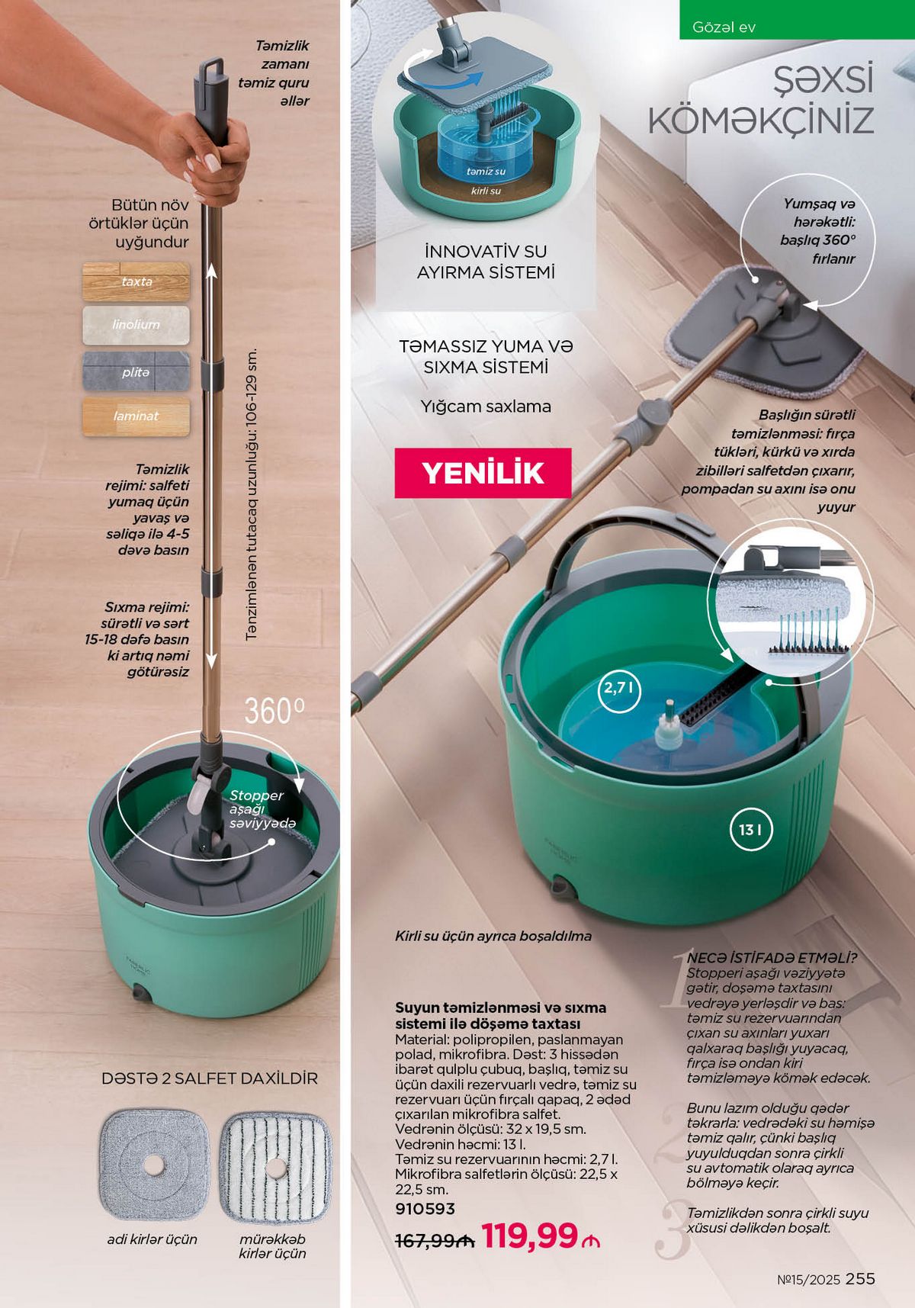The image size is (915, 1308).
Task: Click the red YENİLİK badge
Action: pyautogui.click(x=483, y=473)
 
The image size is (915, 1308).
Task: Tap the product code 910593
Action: pyautogui.click(x=425, y=1209)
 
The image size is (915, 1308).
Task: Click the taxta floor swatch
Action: pyautogui.click(x=136, y=281)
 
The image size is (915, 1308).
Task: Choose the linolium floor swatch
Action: pyautogui.click(x=136, y=326)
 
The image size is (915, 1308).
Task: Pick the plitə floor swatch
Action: pyautogui.click(x=136, y=371)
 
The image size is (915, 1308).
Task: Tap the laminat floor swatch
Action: pyautogui.click(x=136, y=416)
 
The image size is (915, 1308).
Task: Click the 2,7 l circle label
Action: pyautogui.click(x=618, y=689)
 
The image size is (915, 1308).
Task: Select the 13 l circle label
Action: pyautogui.click(x=750, y=829)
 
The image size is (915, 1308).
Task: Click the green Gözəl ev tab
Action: pyautogui.click(x=797, y=20)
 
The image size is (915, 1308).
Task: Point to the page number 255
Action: pyautogui.click(x=860, y=1279)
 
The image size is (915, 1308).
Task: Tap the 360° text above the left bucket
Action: pyautogui.click(x=274, y=712)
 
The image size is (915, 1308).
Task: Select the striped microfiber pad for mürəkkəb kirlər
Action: pyautogui.click(x=275, y=1168)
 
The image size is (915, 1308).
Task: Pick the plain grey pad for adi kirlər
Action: pyautogui.click(x=155, y=1165)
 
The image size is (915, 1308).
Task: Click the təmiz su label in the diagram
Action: pyautogui.click(x=486, y=172)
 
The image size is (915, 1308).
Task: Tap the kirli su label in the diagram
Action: pyautogui.click(x=486, y=191)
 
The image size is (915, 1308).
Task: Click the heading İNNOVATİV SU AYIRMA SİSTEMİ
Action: pyautogui.click(x=486, y=262)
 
